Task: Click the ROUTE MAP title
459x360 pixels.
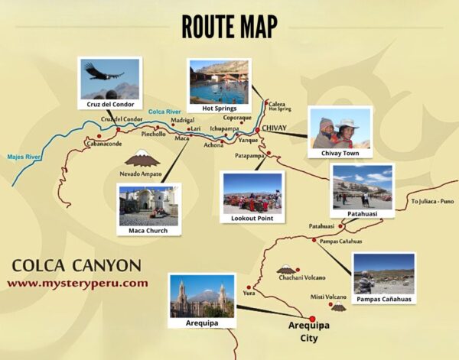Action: click(229, 26)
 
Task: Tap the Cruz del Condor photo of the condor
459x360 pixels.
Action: click(110, 79)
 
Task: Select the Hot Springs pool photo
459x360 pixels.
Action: click(219, 82)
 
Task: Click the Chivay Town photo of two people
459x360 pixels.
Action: click(339, 128)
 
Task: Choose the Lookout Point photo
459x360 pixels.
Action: click(252, 193)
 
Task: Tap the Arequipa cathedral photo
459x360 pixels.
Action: click(202, 296)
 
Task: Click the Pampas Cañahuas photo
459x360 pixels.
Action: click(383, 274)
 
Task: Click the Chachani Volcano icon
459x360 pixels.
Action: click(287, 269)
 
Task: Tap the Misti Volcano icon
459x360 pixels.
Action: click(337, 306)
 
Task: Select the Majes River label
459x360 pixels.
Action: click(22, 157)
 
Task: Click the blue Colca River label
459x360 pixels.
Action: click(164, 112)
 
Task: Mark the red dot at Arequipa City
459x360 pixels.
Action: click(311, 318)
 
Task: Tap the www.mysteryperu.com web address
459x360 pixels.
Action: click(77, 283)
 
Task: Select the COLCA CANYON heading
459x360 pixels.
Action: click(76, 266)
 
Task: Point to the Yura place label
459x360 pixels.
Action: click(248, 293)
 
